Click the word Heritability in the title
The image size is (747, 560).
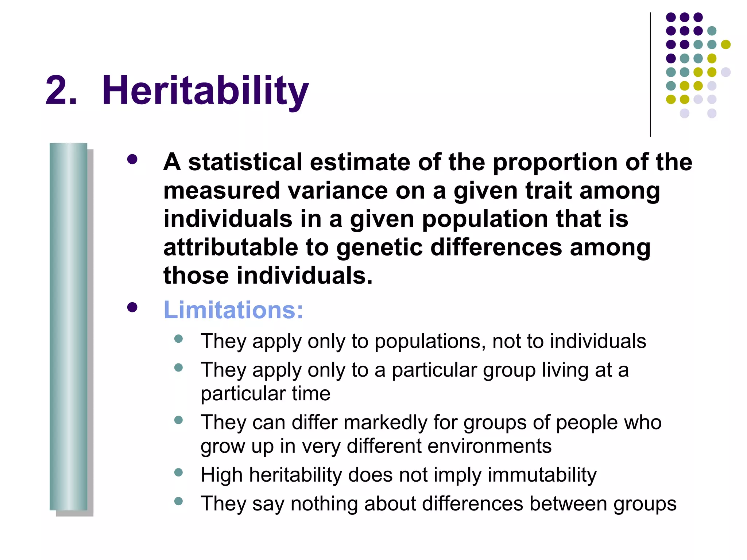[205, 90]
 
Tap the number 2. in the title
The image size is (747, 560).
[61, 90]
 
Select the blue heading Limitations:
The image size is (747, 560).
[233, 310]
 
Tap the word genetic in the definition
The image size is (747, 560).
[379, 248]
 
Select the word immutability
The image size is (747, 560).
[542, 475]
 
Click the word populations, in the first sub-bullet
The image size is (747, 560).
[430, 342]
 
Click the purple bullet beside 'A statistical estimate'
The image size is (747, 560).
[132, 160]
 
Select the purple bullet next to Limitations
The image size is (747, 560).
[132, 307]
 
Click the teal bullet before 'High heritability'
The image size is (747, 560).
[178, 473]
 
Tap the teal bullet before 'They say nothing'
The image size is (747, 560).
[178, 501]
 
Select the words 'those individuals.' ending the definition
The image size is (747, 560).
[268, 276]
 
